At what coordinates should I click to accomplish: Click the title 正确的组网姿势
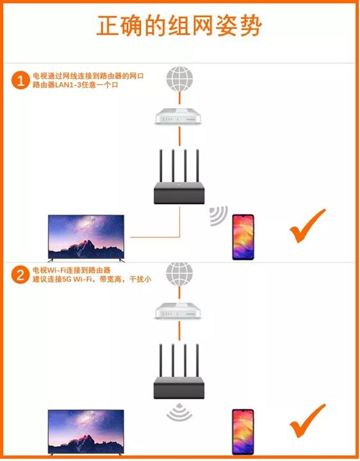pyautogui.click(x=179, y=26)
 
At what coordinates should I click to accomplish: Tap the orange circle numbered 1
pyautogui.click(x=20, y=80)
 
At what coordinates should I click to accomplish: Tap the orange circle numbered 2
pyautogui.click(x=20, y=275)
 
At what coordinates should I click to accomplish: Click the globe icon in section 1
pyautogui.click(x=179, y=79)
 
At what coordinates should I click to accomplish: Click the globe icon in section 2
pyautogui.click(x=179, y=274)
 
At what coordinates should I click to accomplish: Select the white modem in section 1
pyautogui.click(x=178, y=117)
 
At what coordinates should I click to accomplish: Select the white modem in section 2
pyautogui.click(x=178, y=311)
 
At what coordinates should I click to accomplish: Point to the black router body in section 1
pyautogui.click(x=179, y=193)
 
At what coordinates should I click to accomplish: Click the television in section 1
pyautogui.click(x=86, y=238)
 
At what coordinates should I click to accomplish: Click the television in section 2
pyautogui.click(x=86, y=432)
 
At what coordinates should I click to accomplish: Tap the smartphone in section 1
pyautogui.click(x=243, y=237)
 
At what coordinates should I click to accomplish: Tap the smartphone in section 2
pyautogui.click(x=243, y=432)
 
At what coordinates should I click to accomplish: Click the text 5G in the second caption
pyautogui.click(x=67, y=279)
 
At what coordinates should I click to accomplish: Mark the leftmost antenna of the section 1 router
pyautogui.click(x=161, y=166)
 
